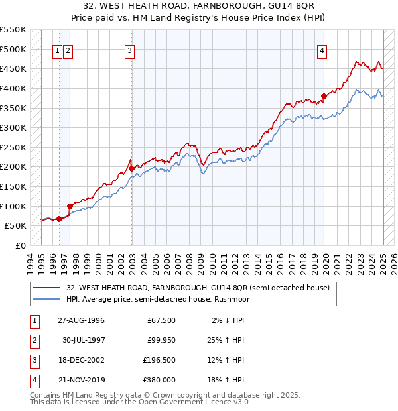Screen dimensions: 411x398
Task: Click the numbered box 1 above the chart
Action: point(58,50)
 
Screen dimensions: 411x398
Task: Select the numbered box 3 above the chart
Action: point(129,50)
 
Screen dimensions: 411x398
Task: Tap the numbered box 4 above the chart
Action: point(322,50)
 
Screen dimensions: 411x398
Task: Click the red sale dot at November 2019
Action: point(324,96)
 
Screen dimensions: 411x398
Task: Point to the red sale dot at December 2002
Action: point(131,168)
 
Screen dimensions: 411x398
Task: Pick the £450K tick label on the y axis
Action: point(13,68)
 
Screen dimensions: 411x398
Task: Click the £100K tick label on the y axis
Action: point(13,206)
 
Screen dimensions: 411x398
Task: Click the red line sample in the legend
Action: point(48,288)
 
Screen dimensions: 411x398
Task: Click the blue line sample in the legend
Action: point(48,299)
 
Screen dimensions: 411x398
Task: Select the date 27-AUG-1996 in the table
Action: point(81,320)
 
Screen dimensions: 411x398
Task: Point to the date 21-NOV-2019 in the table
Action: point(81,380)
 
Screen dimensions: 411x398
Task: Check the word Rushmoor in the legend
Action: point(249,299)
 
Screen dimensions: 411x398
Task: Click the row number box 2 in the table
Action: point(34,340)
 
